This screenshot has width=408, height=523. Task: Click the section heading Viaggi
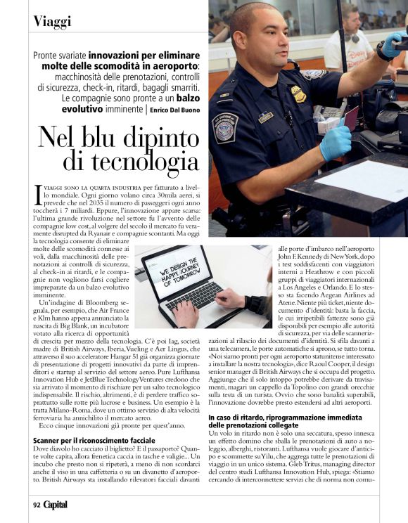[x=53, y=20]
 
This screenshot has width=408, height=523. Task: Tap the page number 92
[x=36, y=505]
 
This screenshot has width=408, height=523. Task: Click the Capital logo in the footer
[x=56, y=505]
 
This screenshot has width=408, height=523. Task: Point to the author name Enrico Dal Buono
[x=162, y=110]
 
